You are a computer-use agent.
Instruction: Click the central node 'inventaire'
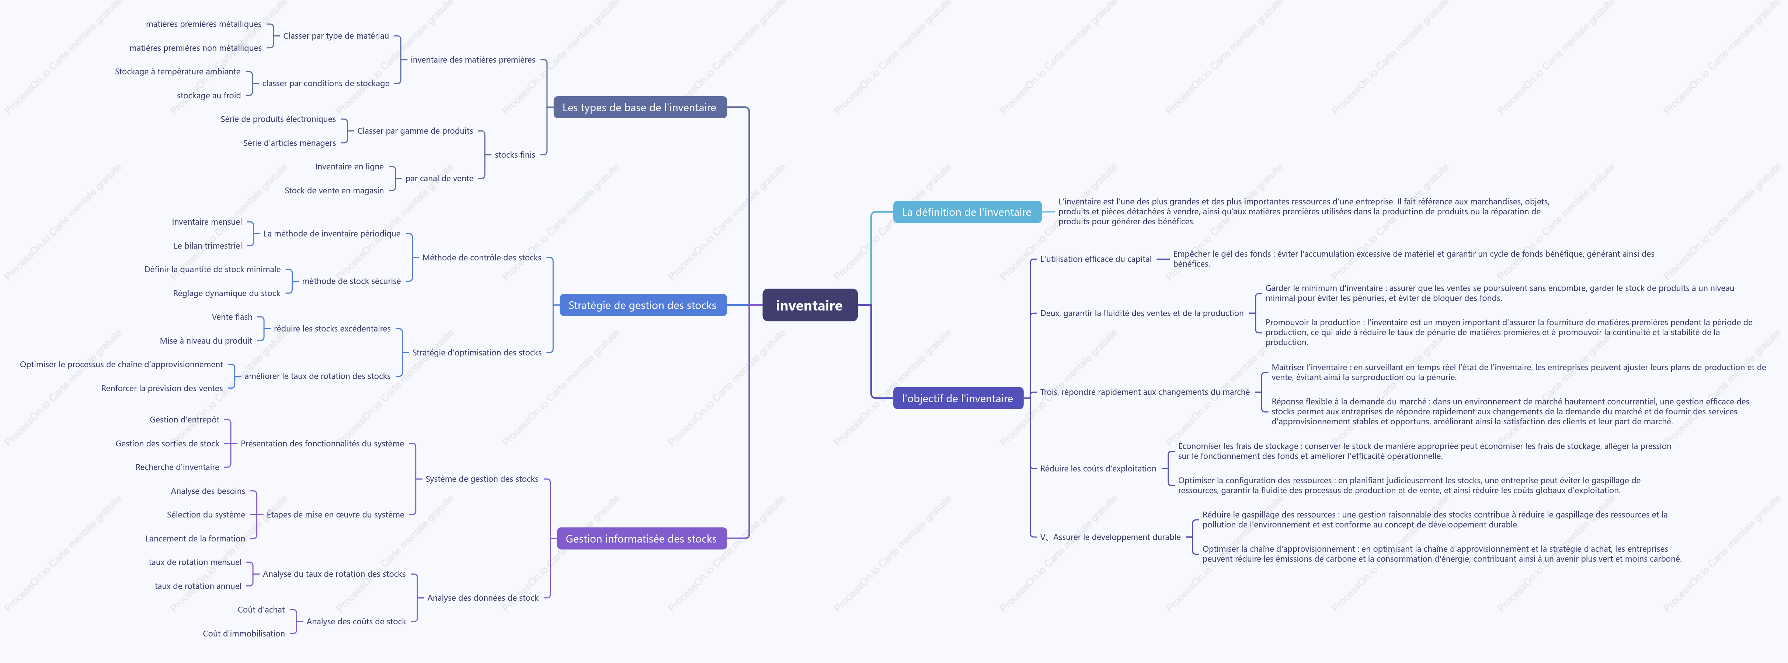click(809, 305)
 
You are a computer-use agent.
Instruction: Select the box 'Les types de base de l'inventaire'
click(639, 108)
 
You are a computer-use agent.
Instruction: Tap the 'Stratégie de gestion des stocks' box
click(643, 305)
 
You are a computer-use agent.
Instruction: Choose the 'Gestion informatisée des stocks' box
click(641, 539)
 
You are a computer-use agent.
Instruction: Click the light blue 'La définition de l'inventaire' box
click(967, 212)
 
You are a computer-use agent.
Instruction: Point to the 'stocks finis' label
click(515, 155)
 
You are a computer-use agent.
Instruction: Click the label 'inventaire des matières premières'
click(473, 60)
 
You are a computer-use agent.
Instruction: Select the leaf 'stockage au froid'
click(209, 96)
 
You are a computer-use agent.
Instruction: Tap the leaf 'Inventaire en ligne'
click(349, 166)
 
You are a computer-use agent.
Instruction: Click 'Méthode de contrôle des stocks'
click(482, 257)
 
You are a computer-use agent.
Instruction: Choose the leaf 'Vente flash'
click(232, 317)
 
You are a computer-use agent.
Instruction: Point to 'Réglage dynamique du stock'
click(226, 293)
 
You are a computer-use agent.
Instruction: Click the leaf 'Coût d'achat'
click(261, 610)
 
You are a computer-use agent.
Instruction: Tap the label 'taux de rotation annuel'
click(198, 586)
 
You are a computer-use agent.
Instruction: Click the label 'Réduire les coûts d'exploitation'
click(1098, 469)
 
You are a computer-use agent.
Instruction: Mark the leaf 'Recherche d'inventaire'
click(177, 467)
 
